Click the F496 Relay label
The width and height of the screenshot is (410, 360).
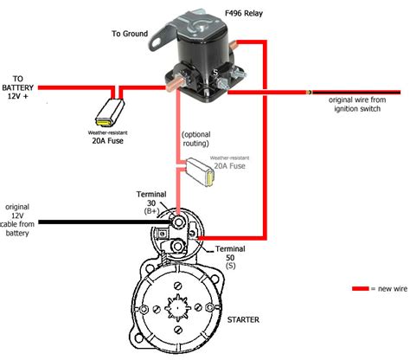coord(244,13)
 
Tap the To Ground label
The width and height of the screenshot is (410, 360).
coord(130,34)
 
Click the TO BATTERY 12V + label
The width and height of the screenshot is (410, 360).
coord(18,87)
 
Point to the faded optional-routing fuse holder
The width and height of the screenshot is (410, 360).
coord(200,172)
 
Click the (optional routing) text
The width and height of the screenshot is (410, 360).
coord(196,138)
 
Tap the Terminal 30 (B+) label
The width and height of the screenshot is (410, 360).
coord(151,202)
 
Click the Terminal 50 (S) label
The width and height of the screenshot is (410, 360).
coord(230,257)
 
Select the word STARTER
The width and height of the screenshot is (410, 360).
coord(243,319)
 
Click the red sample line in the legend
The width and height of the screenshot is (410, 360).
coord(361,288)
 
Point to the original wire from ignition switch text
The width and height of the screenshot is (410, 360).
coord(357,104)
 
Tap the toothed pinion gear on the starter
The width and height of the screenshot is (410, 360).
coord(177,308)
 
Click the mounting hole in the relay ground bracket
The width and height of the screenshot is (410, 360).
coord(156,42)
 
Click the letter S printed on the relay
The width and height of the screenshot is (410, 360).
coord(215,73)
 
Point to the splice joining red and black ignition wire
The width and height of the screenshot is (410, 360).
coord(309,93)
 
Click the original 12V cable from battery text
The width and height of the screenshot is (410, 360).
coord(17,220)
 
